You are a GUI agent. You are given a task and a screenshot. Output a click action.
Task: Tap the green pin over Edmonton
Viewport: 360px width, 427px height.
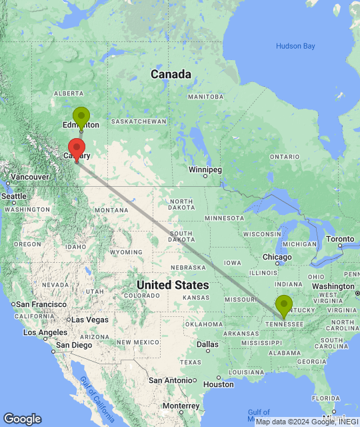click(81, 117)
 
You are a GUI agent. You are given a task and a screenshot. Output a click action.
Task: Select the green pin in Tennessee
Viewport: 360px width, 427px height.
click(283, 306)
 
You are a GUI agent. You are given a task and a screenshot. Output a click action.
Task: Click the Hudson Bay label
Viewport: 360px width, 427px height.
click(295, 46)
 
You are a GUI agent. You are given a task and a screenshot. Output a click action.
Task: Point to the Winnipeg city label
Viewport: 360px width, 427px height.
click(204, 169)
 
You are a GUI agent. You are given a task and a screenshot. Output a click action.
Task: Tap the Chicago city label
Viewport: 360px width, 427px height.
click(276, 257)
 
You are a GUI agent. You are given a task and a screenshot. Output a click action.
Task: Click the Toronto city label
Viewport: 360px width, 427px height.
click(340, 239)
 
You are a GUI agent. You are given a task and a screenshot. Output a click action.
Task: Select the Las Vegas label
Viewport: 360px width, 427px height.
click(90, 320)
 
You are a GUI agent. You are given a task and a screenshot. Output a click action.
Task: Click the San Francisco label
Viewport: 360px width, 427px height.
click(39, 304)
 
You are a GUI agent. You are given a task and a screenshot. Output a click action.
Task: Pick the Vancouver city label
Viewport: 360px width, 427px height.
click(25, 176)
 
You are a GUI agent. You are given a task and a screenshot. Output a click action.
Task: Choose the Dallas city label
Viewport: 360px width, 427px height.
click(207, 345)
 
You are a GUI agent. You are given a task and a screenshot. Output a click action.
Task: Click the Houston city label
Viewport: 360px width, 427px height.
click(219, 384)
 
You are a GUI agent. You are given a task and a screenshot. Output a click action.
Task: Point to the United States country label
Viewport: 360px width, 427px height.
click(172, 285)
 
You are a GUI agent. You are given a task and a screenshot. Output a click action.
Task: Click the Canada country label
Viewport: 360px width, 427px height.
click(171, 74)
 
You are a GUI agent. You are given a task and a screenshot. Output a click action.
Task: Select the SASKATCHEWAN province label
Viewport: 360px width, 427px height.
click(139, 121)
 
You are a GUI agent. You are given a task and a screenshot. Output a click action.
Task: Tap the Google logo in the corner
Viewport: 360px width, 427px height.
click(21, 419)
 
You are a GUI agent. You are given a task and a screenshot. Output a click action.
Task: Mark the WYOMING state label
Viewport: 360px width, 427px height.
click(125, 252)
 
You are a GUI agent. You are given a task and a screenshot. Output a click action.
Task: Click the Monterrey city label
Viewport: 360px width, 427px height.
click(181, 406)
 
